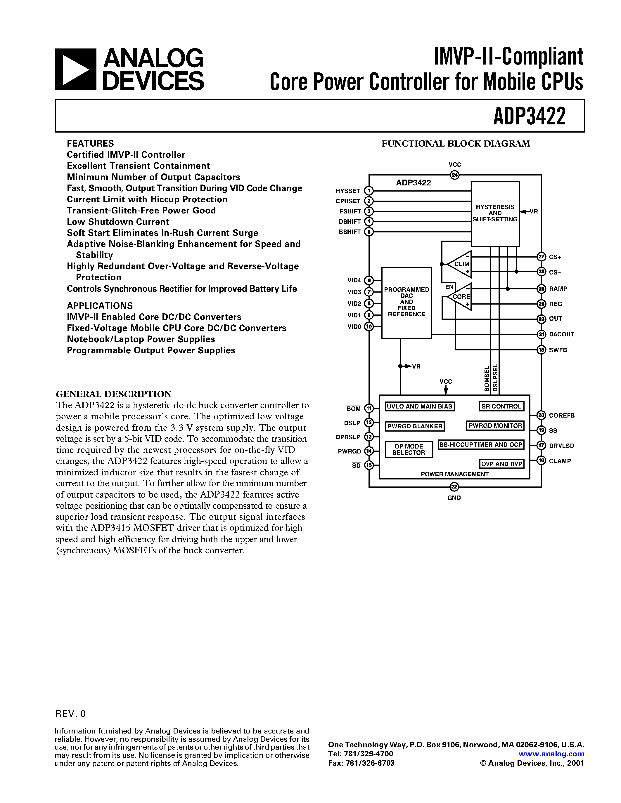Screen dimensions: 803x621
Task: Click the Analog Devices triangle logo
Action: click(x=75, y=69)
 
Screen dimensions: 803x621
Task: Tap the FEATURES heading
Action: click(x=90, y=143)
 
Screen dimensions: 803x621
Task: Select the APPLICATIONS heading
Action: click(x=100, y=306)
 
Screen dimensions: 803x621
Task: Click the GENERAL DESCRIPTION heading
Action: click(x=113, y=394)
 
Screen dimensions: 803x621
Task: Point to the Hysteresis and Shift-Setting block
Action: click(x=495, y=213)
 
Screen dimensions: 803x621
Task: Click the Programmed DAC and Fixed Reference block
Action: click(x=406, y=302)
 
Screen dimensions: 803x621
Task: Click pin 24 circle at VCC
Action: click(x=455, y=175)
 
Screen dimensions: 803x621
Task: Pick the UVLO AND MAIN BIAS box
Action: click(x=419, y=406)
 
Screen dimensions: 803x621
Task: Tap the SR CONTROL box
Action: click(x=501, y=406)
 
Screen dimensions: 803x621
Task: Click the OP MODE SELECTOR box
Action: click(x=409, y=449)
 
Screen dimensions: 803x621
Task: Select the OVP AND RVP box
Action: click(x=502, y=464)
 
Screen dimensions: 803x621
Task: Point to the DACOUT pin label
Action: click(x=561, y=334)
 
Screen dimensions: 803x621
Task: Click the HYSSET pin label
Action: click(x=348, y=191)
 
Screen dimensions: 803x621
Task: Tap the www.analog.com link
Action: click(x=551, y=754)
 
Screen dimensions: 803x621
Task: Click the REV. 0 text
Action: click(x=70, y=714)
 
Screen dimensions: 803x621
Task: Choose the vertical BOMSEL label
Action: click(x=487, y=379)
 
